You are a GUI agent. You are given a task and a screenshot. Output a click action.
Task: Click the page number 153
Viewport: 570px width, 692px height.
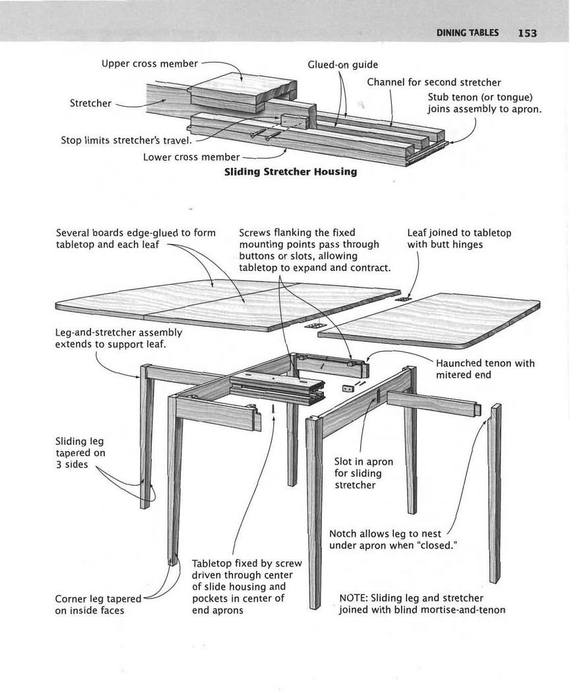click(x=528, y=33)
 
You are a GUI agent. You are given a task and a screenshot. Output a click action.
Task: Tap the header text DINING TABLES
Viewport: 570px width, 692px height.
click(x=467, y=33)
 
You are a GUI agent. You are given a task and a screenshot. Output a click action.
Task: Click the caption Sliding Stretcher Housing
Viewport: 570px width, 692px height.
click(x=290, y=172)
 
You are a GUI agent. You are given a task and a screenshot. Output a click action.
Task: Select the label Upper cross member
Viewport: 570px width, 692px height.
click(x=149, y=63)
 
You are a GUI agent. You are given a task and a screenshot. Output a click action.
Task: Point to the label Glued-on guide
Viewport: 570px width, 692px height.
click(x=343, y=65)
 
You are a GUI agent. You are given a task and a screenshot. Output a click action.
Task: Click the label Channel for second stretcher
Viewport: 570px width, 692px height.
click(x=433, y=82)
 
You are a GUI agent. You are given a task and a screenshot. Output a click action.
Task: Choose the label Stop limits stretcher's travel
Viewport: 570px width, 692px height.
click(x=126, y=140)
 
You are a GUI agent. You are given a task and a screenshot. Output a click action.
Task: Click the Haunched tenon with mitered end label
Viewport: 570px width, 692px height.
click(x=485, y=369)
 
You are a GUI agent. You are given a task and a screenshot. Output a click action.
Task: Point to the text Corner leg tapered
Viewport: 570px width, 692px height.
click(x=98, y=598)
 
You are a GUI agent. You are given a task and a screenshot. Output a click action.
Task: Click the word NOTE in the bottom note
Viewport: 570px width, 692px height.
click(x=353, y=598)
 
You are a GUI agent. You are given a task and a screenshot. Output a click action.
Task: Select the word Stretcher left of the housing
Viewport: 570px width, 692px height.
click(x=90, y=103)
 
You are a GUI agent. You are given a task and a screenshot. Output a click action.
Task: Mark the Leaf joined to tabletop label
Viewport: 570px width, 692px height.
click(x=459, y=233)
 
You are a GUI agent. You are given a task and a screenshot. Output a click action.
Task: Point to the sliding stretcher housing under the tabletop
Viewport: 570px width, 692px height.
click(x=277, y=389)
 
